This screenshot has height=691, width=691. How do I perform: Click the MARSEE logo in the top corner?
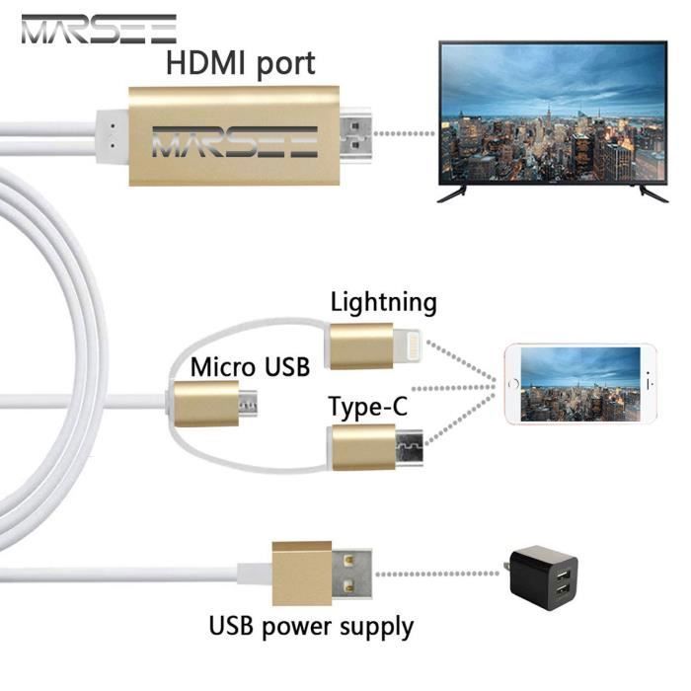99,29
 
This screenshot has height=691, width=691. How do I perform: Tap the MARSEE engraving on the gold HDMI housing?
235,142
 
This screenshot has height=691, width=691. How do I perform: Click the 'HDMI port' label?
241,64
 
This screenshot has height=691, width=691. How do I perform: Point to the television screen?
553,113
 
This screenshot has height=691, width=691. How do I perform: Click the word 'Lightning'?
384,303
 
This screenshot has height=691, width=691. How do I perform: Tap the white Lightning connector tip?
407,345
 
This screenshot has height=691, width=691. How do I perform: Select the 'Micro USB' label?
251,366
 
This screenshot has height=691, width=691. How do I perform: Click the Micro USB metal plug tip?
249,403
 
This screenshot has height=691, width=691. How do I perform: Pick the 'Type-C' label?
368,407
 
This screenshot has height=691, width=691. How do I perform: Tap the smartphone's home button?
513,384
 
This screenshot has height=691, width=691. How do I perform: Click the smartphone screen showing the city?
580,384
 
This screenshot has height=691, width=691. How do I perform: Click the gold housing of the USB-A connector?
302,574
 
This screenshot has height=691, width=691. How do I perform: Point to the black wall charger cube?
543,577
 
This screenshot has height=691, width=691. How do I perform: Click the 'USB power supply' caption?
311,627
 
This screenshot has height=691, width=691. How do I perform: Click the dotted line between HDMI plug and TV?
404,133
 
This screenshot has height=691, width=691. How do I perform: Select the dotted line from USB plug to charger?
437,574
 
